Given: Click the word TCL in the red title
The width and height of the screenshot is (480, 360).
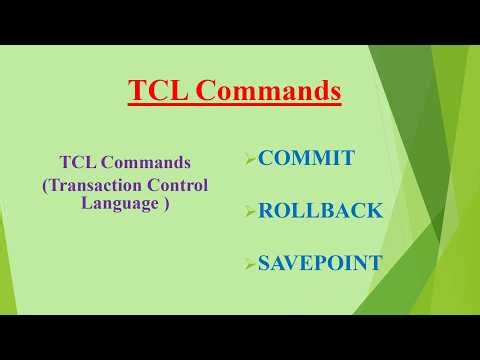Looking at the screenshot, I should pos(156,92).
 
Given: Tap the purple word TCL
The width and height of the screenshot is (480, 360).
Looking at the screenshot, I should pos(76,162).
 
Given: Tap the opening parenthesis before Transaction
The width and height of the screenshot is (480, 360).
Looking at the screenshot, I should pos(45,185).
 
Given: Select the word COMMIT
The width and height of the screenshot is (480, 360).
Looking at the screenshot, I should pos(306,158).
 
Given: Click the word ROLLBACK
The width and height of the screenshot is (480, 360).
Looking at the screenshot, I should pos(320,211).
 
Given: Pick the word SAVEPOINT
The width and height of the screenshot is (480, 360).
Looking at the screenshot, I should pos(320,264).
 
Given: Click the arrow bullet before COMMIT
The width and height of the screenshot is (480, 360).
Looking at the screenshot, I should pos(250,159).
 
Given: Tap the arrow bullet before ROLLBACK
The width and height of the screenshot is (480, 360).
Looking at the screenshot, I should pos(250,212).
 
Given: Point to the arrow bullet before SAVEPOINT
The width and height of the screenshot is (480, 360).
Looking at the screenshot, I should pos(250,265).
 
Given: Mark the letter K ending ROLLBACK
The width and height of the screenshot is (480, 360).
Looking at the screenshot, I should pos(374,211).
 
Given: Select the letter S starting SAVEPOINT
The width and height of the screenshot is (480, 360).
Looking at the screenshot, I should pos(264,264).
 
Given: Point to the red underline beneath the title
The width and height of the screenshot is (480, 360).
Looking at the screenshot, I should pos(235,105).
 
